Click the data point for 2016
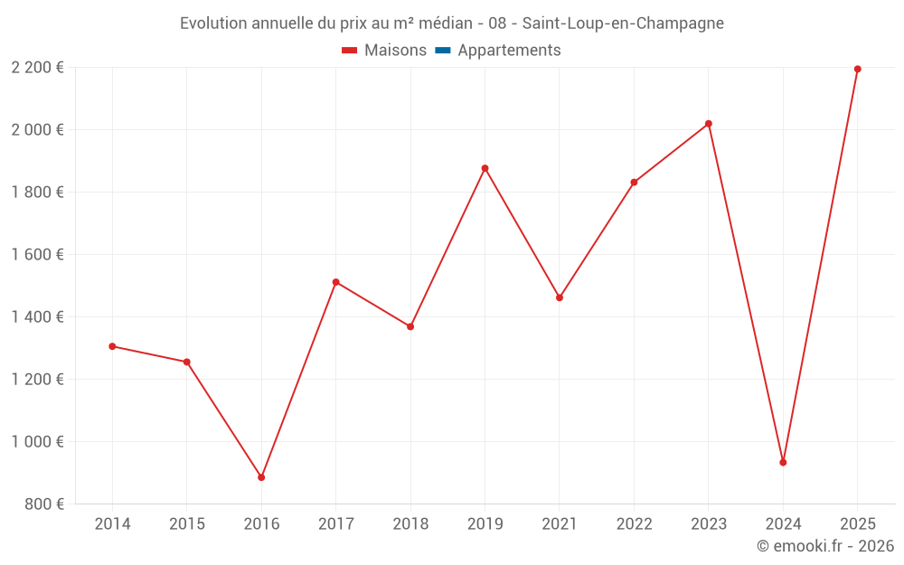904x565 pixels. (261, 477)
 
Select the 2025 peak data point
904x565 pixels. (858, 69)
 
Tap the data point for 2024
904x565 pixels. (783, 462)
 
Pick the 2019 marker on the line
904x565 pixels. (485, 168)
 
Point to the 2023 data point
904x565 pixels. (709, 124)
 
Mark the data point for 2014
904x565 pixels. (112, 346)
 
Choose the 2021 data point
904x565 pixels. (560, 297)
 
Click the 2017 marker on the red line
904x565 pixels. (336, 282)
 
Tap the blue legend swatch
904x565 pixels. (443, 51)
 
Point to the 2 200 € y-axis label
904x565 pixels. (38, 68)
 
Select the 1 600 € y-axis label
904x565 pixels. (38, 255)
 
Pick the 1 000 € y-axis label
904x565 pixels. (38, 442)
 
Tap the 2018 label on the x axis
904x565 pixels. (410, 524)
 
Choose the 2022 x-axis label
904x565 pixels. (634, 524)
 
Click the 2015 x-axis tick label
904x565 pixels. (187, 524)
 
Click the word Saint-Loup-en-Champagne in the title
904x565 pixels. (623, 24)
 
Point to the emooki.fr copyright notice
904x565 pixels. (825, 546)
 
